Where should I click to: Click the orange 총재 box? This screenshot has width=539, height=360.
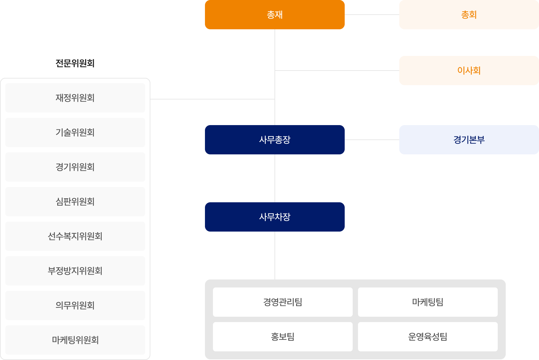274,15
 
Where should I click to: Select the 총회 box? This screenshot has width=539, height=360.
468,15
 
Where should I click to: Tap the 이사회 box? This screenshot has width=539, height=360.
468,71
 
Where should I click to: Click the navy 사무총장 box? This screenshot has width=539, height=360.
274,140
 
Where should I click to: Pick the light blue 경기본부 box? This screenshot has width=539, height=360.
468,140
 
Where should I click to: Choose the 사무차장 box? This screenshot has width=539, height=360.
274,217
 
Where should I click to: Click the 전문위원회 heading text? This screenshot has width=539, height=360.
75,63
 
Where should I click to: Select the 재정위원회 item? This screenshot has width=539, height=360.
75,98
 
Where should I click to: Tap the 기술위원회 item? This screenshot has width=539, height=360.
75,132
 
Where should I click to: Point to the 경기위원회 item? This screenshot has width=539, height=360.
75,167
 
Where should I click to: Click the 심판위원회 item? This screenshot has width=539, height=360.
75,202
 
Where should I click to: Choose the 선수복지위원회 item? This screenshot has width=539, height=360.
75,236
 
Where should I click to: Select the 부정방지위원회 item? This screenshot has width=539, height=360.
75,271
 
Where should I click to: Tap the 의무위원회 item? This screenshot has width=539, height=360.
75,305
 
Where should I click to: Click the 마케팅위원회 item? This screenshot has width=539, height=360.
75,340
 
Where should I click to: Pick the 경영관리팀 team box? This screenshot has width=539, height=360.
282,302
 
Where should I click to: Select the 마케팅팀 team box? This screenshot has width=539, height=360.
428,302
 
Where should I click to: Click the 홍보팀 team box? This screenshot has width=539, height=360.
282,337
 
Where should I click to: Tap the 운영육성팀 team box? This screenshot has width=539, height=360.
428,337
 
